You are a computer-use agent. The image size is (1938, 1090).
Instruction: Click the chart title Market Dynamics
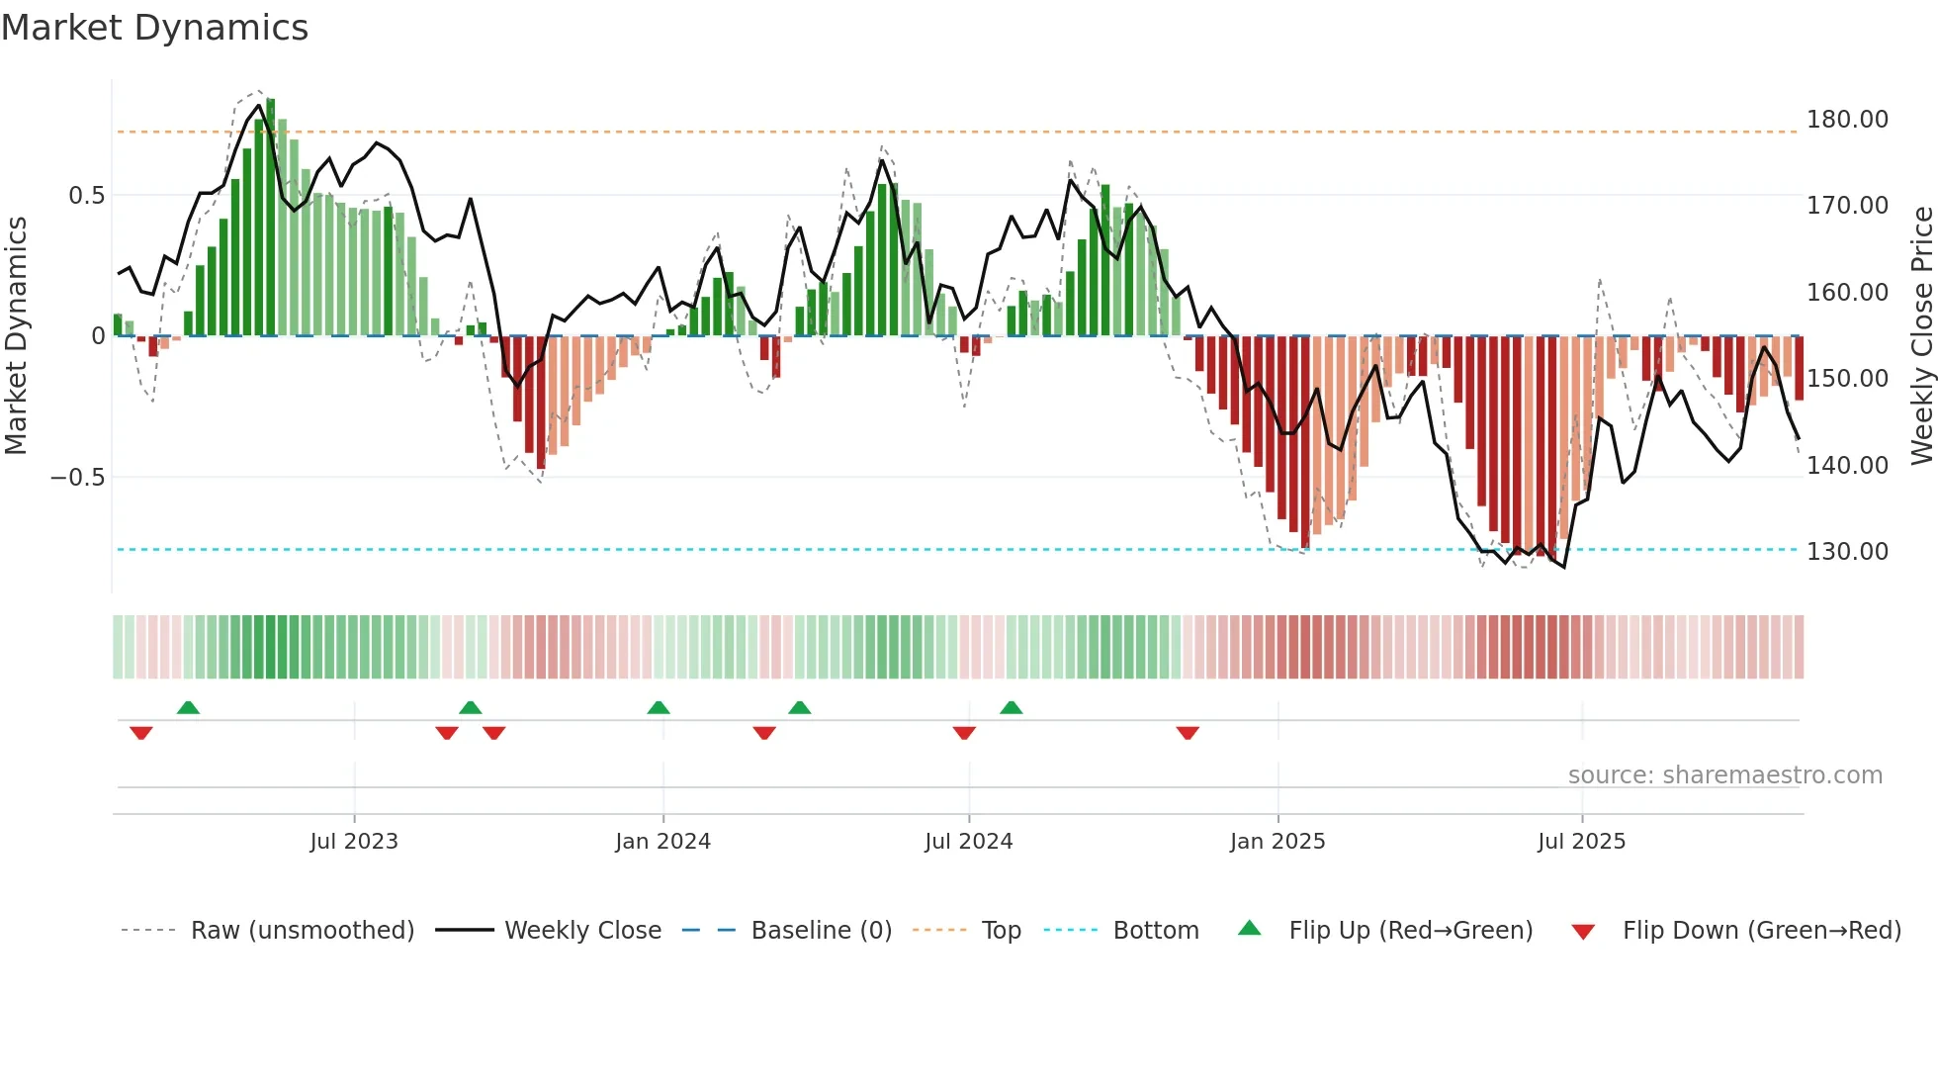click(x=154, y=28)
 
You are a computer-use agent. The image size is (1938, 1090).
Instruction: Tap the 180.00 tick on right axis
click(x=1846, y=120)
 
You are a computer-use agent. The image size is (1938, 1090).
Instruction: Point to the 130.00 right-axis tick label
click(x=1846, y=552)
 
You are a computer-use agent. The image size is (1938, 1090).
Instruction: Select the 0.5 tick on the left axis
click(x=86, y=196)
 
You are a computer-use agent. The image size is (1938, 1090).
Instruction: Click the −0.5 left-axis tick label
click(x=77, y=478)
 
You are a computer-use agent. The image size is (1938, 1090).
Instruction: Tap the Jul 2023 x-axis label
click(x=353, y=842)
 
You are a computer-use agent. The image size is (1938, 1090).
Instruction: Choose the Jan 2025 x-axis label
click(x=1277, y=842)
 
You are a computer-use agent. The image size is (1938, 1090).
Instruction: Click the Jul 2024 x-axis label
click(x=968, y=842)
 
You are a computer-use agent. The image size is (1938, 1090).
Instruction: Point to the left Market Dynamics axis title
click(x=16, y=336)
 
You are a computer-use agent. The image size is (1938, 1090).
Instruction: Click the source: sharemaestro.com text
click(x=1724, y=775)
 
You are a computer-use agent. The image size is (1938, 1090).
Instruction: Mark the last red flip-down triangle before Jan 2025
click(x=1188, y=733)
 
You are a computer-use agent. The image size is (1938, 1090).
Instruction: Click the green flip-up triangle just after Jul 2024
click(x=1011, y=707)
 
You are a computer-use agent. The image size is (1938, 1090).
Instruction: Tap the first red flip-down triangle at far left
click(x=141, y=733)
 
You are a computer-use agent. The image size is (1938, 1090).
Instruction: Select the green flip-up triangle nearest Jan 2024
click(x=659, y=707)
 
